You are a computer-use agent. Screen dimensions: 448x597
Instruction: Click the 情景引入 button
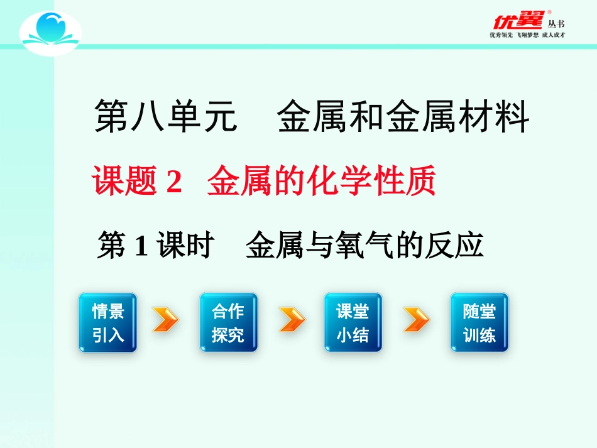(107, 323)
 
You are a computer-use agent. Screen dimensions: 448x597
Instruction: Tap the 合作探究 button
(228, 323)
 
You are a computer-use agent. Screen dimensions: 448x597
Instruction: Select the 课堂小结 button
(353, 323)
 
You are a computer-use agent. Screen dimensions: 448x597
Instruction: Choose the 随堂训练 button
(479, 323)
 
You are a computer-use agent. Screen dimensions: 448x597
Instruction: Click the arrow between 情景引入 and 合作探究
(165, 320)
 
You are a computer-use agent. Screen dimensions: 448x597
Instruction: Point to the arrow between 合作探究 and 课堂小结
(291, 320)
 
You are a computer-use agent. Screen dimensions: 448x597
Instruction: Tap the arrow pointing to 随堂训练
(416, 320)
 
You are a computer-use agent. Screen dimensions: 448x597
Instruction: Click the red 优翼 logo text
(517, 20)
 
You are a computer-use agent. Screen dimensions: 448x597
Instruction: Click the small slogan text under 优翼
(527, 36)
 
